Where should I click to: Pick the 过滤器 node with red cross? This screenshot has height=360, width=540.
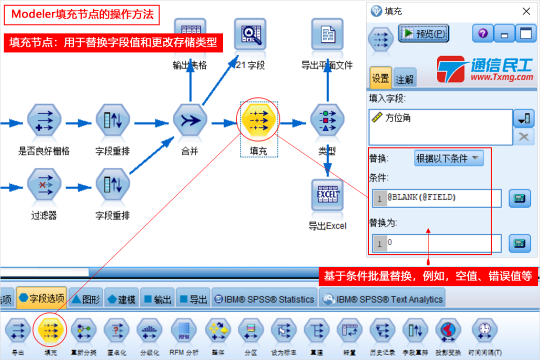44,185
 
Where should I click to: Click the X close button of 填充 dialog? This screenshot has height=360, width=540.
526,11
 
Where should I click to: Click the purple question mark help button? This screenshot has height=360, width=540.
482,34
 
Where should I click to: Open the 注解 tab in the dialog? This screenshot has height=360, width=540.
404,79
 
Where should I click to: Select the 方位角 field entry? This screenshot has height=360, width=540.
398,118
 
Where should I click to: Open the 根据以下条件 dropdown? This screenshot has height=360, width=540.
448,158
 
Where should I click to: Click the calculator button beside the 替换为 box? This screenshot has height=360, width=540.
519,243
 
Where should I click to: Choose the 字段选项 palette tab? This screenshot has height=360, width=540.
41,298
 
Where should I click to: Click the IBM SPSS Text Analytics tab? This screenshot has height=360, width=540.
383,299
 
